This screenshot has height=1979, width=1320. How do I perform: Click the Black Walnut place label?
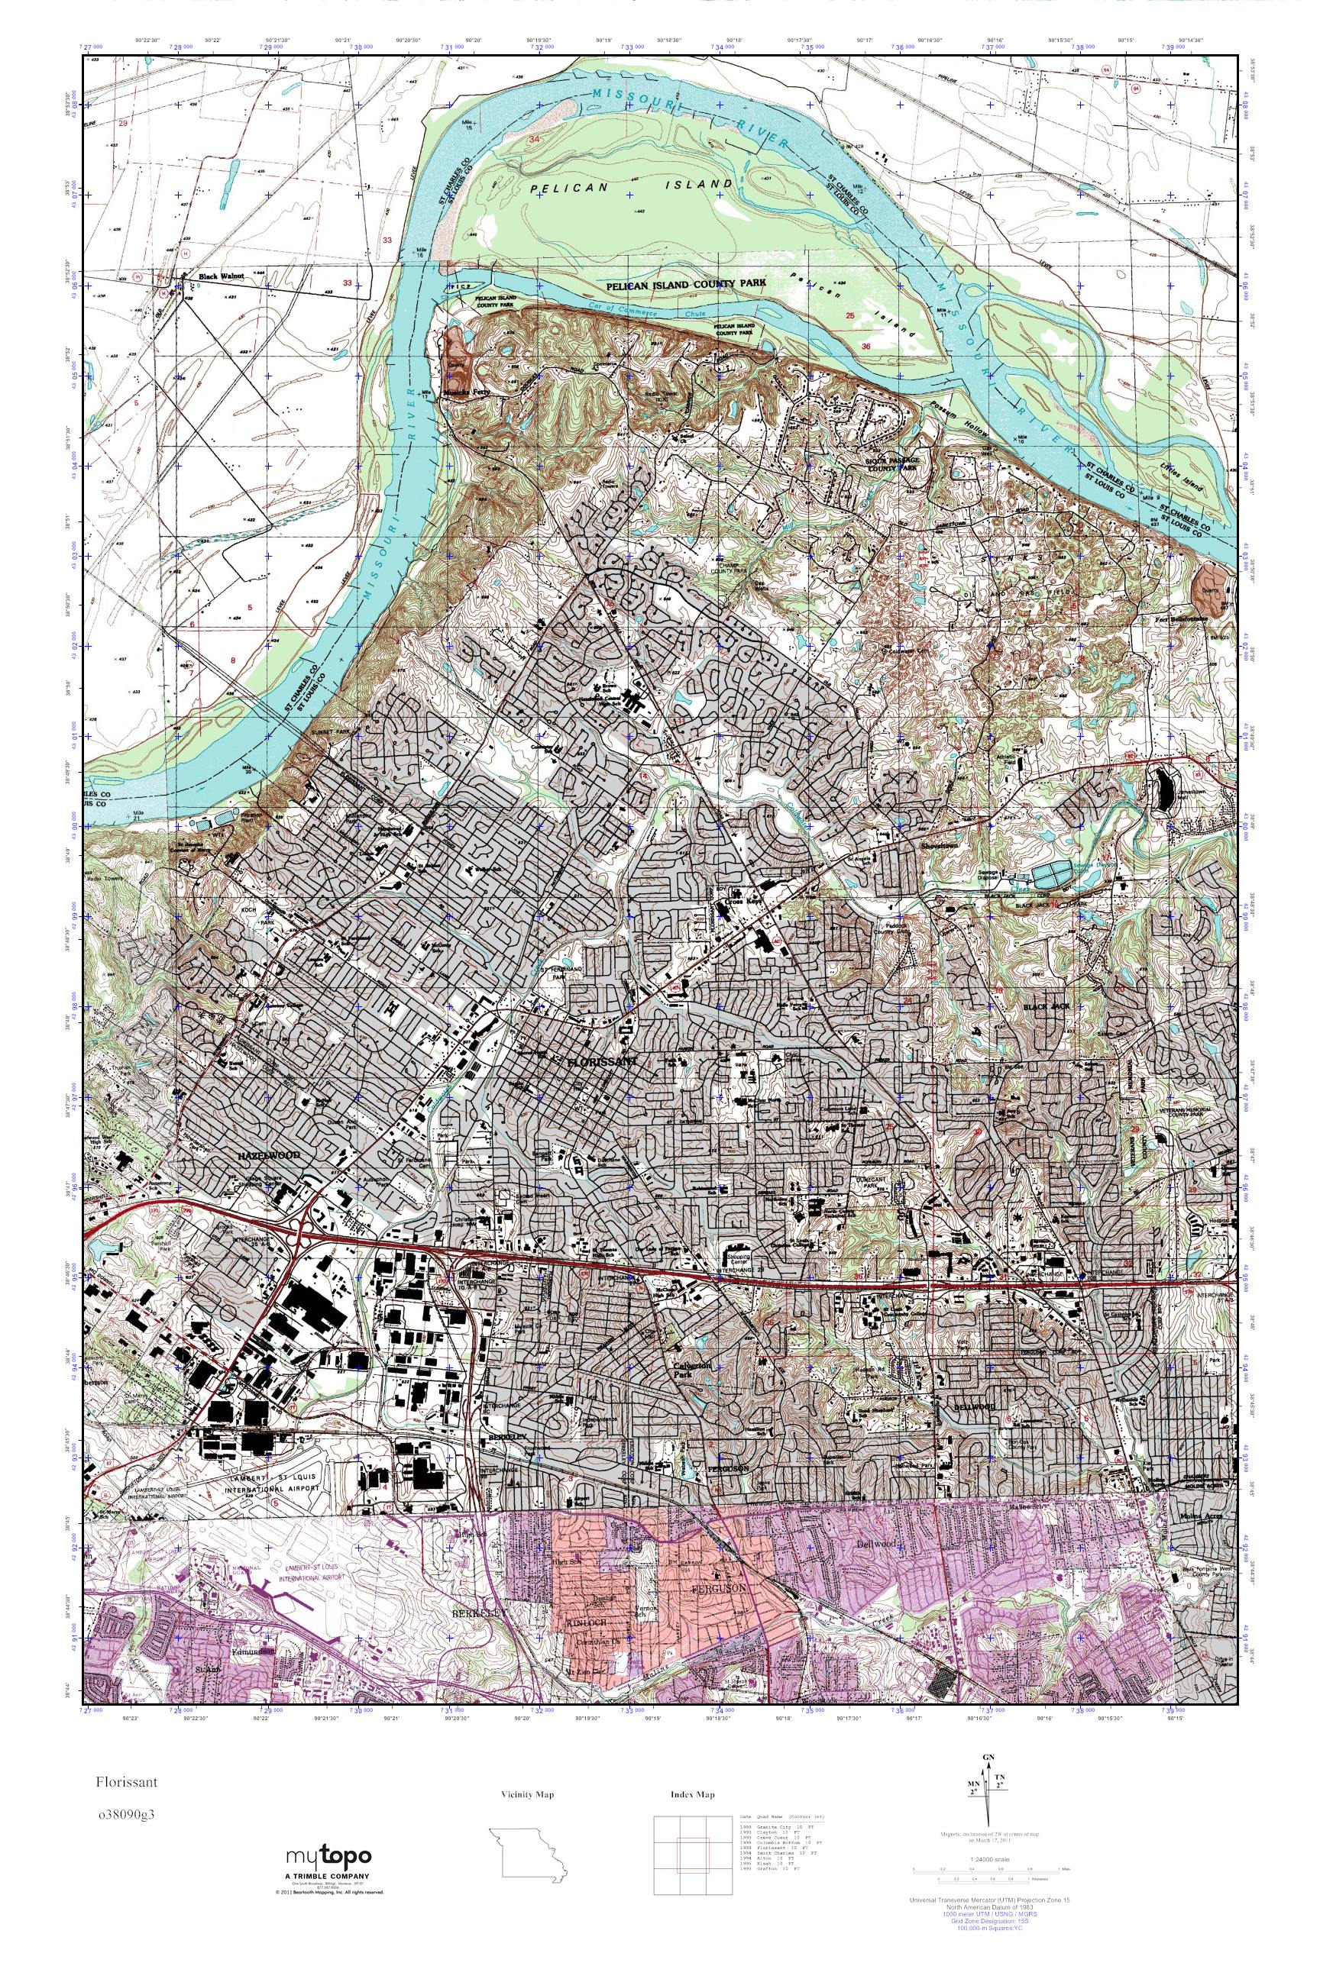220,275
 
